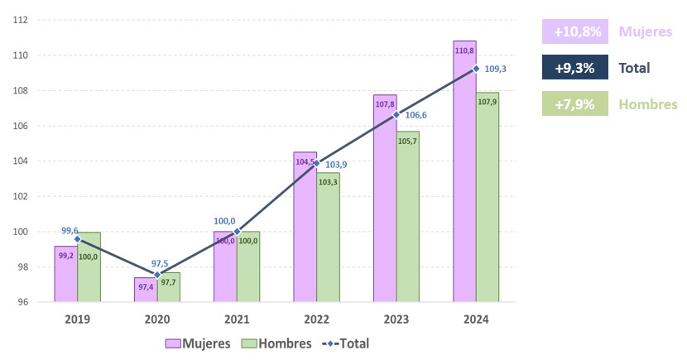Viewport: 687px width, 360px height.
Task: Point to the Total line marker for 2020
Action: pyautogui.click(x=157, y=275)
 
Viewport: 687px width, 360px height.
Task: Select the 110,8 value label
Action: pyautogui.click(x=464, y=50)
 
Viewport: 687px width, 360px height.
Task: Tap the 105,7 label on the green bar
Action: pyautogui.click(x=408, y=142)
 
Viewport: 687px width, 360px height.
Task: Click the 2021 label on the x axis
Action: pyautogui.click(x=237, y=318)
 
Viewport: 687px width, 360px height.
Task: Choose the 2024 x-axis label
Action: pyautogui.click(x=476, y=318)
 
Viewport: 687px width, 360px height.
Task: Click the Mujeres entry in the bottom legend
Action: pyautogui.click(x=197, y=343)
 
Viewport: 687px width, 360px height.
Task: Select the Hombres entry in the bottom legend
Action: pyautogui.click(x=276, y=343)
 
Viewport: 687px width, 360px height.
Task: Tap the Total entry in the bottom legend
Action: pyautogui.click(x=346, y=343)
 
